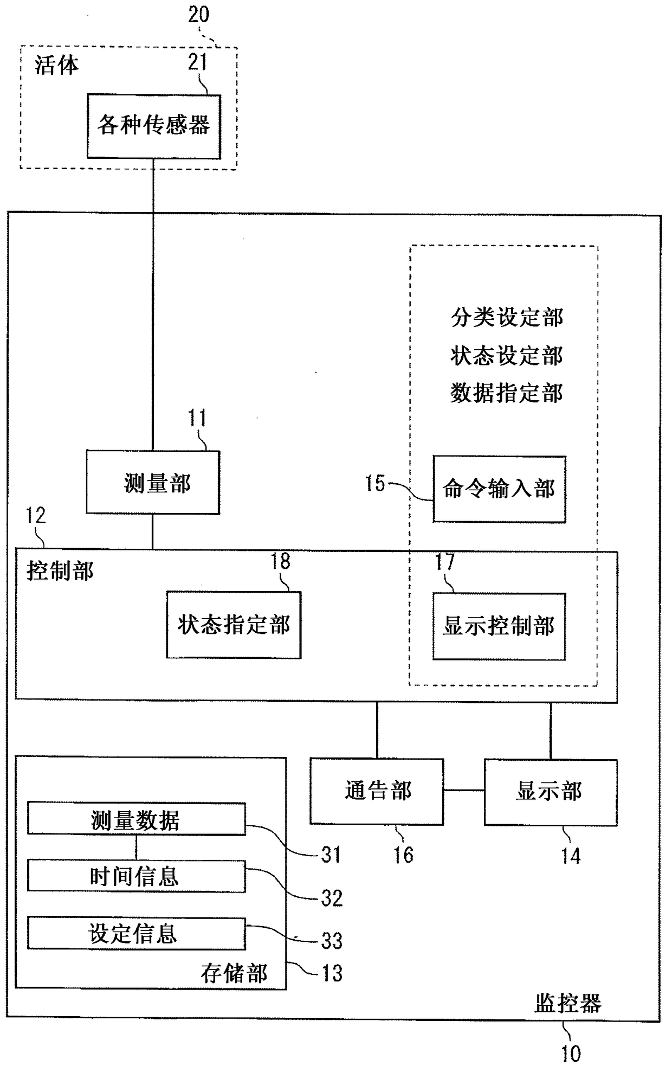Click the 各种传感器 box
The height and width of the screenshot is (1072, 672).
click(x=154, y=126)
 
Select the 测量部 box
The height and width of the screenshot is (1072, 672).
click(x=153, y=483)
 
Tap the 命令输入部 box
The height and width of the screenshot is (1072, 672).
click(x=499, y=489)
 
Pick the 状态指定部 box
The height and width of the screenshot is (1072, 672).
click(x=234, y=625)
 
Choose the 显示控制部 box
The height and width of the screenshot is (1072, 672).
click(x=499, y=626)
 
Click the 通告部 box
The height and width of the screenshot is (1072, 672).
click(x=377, y=792)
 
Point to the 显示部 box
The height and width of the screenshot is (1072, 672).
click(x=550, y=792)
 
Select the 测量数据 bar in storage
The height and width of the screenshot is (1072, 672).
click(x=136, y=819)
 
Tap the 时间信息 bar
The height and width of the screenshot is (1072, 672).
click(x=136, y=876)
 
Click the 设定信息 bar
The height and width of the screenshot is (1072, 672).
click(x=136, y=933)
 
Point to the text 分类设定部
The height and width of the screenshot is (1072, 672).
click(x=507, y=317)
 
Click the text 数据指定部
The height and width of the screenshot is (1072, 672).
click(x=507, y=393)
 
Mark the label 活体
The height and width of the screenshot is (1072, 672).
click(x=56, y=65)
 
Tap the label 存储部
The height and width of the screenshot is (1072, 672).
click(x=234, y=973)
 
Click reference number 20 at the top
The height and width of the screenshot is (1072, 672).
click(x=198, y=15)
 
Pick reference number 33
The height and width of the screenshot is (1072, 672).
click(x=332, y=941)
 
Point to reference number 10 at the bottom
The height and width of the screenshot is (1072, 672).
click(x=571, y=1054)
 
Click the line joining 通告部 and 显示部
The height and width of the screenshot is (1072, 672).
click(x=464, y=790)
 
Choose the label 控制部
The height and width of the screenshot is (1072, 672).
click(x=60, y=572)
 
